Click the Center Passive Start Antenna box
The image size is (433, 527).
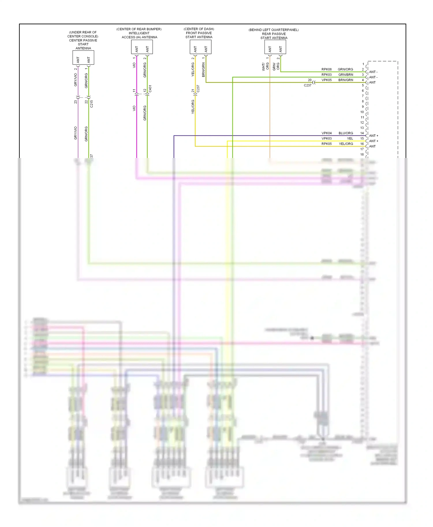(83, 57)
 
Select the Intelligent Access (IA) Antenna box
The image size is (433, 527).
(142, 47)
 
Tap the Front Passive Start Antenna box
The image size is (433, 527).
(200, 47)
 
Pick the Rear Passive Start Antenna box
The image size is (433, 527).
(275, 47)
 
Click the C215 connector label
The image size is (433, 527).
(92, 104)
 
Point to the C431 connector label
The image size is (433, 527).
(150, 89)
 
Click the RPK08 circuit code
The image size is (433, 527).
(326, 69)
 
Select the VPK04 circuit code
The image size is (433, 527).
(326, 133)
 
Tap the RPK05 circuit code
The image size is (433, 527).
(326, 144)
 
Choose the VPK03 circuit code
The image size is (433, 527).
(326, 139)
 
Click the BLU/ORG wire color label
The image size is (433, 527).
(346, 133)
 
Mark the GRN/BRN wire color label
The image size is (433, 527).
(346, 75)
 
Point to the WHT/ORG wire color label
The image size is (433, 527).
(265, 67)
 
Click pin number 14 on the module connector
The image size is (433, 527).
(362, 133)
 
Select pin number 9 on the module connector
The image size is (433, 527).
(363, 107)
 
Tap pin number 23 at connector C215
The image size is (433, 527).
(76, 102)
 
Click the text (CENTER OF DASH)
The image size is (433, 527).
(199, 29)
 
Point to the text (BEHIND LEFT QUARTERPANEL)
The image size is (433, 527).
(273, 30)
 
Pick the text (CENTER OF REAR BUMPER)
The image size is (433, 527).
(139, 29)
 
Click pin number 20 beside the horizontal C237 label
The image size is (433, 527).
(309, 80)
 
